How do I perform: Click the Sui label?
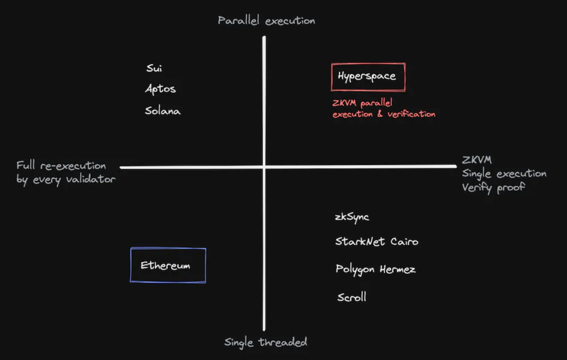click(154, 68)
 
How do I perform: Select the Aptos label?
click(161, 89)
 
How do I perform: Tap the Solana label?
click(163, 111)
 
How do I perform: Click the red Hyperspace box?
click(368, 77)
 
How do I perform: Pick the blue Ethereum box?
click(168, 265)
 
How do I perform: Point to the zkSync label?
click(352, 217)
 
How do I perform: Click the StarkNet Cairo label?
click(377, 241)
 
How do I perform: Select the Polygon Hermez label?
click(376, 269)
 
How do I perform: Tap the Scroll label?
click(352, 297)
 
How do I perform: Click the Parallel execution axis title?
click(267, 21)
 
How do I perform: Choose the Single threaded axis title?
click(266, 343)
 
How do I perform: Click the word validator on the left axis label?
click(91, 179)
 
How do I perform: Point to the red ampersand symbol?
click(380, 114)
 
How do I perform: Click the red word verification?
click(411, 114)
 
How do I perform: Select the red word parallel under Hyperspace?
click(376, 103)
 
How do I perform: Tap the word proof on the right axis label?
click(511, 188)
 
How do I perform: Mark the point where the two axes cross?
click(264, 167)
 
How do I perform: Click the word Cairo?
click(404, 242)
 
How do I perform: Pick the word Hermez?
click(398, 269)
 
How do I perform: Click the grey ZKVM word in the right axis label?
click(477, 160)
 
